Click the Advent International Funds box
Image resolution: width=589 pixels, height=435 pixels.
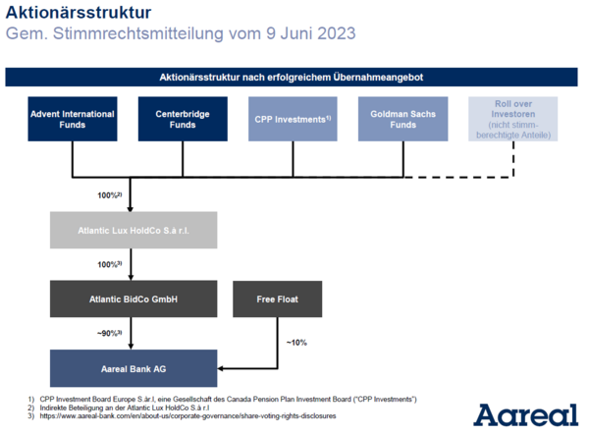[x=73, y=119]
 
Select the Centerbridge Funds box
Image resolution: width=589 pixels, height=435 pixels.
[x=183, y=119]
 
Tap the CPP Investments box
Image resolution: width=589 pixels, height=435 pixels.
[x=293, y=119]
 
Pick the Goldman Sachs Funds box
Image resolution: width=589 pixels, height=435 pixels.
[x=403, y=119]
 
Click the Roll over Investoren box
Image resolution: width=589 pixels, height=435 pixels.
[x=513, y=119]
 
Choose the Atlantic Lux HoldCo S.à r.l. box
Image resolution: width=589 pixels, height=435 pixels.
[x=134, y=230]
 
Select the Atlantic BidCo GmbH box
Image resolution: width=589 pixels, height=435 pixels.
[x=134, y=299]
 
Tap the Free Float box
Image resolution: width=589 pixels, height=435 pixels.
[x=277, y=299]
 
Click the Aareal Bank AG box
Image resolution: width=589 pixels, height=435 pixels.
[x=134, y=368]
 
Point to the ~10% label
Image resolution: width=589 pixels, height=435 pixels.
[x=296, y=343]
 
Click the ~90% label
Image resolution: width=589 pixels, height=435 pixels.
[x=110, y=334]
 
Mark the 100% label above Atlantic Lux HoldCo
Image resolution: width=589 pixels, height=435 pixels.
[x=110, y=195]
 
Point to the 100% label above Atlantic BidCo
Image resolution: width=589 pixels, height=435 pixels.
[x=110, y=264]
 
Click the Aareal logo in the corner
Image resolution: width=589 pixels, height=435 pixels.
[x=525, y=415]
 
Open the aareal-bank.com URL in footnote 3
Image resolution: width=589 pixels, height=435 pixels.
[x=187, y=415]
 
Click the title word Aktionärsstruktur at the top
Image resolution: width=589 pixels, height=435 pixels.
[x=79, y=13]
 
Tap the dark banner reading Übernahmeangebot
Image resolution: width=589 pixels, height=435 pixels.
[x=292, y=77]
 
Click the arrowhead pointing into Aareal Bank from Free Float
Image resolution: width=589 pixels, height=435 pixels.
[x=221, y=368]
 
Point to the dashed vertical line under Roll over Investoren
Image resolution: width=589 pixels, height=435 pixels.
[x=513, y=159]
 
